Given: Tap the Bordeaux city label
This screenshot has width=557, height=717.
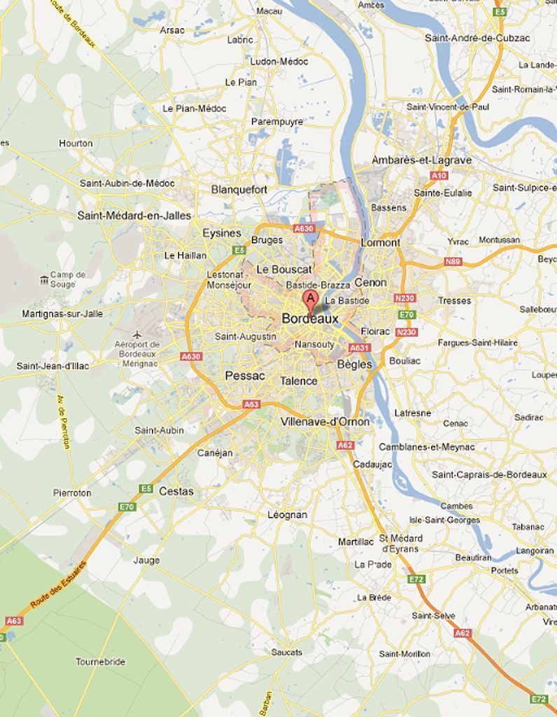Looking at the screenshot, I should [x=310, y=319].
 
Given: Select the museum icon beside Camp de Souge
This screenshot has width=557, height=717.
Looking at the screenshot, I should [x=45, y=280].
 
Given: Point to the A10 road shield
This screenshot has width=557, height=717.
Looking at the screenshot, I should [x=439, y=175].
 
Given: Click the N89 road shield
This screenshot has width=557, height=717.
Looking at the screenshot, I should [x=453, y=262].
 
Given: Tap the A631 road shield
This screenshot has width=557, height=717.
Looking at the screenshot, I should [x=359, y=347].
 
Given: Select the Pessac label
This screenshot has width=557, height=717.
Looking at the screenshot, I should [x=245, y=376].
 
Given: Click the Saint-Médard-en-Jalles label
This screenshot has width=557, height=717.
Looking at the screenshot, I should [x=134, y=215].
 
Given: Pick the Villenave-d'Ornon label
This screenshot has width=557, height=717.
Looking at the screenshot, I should [x=325, y=422].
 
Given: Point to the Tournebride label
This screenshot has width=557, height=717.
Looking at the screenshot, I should [x=101, y=662].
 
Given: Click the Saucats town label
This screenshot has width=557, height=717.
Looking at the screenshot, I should [x=287, y=652].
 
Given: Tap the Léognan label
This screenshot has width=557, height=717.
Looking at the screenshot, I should [x=287, y=515].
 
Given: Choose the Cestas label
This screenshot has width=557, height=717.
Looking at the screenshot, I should [x=176, y=492].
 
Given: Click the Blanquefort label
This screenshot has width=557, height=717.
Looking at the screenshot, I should [x=239, y=190].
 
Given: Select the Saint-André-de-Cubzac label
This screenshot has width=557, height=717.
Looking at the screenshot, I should [x=477, y=38].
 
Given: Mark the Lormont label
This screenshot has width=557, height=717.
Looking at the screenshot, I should [x=381, y=242].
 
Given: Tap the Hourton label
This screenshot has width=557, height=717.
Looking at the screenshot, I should [x=76, y=143].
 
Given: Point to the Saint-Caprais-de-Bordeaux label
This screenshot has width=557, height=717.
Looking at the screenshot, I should [x=489, y=475].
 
